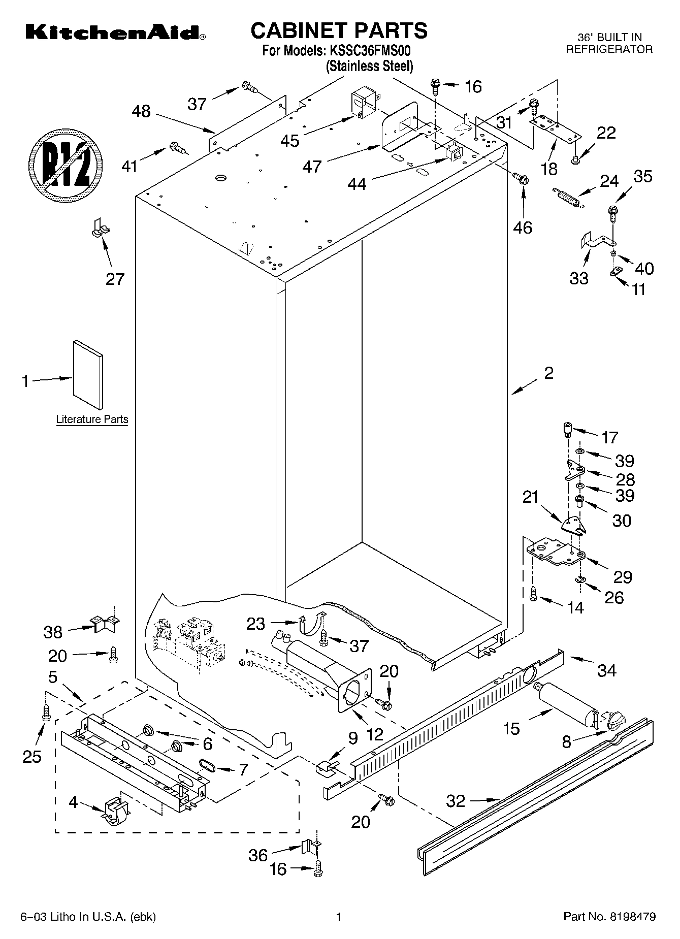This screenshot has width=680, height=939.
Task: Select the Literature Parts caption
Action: point(92,419)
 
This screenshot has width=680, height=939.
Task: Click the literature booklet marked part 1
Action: point(88,374)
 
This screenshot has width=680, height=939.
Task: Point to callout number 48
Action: point(141,111)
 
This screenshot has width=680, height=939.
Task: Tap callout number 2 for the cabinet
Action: point(548,373)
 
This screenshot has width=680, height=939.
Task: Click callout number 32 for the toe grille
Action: point(456,801)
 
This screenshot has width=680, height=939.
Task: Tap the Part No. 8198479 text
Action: point(609,917)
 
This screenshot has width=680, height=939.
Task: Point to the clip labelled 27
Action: point(100,228)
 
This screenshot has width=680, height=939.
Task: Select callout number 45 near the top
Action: point(290,141)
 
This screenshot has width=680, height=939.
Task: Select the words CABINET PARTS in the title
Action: point(339,30)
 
